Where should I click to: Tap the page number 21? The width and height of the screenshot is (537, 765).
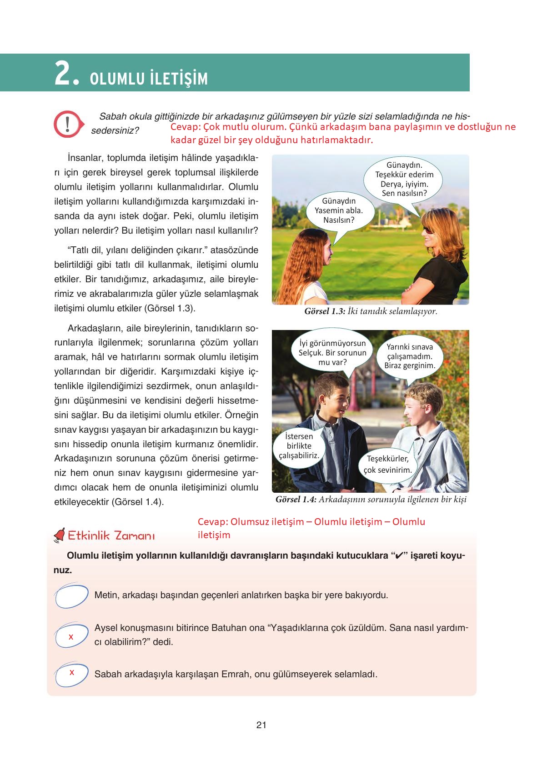point(261,725)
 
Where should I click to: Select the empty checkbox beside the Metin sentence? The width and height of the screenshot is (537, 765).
point(71,596)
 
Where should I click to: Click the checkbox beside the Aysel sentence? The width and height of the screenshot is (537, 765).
point(71,635)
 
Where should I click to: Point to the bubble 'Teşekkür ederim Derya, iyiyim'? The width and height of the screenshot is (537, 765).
point(404,180)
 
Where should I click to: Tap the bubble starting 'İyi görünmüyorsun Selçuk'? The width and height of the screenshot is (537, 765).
point(332,352)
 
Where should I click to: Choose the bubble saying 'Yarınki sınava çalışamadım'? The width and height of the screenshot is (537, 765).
point(410,356)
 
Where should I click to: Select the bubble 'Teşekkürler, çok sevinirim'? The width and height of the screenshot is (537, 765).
point(388,464)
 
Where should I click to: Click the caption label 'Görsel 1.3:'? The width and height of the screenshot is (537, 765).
point(325,312)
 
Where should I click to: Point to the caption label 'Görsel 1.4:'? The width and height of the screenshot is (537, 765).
point(296,500)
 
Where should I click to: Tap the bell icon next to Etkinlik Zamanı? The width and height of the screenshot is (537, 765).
point(60,536)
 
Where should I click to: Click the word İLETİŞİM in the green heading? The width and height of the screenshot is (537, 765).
point(178,79)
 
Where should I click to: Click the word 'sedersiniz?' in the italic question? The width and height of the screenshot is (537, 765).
point(115,130)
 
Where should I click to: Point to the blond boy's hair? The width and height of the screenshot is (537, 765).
point(421,391)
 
